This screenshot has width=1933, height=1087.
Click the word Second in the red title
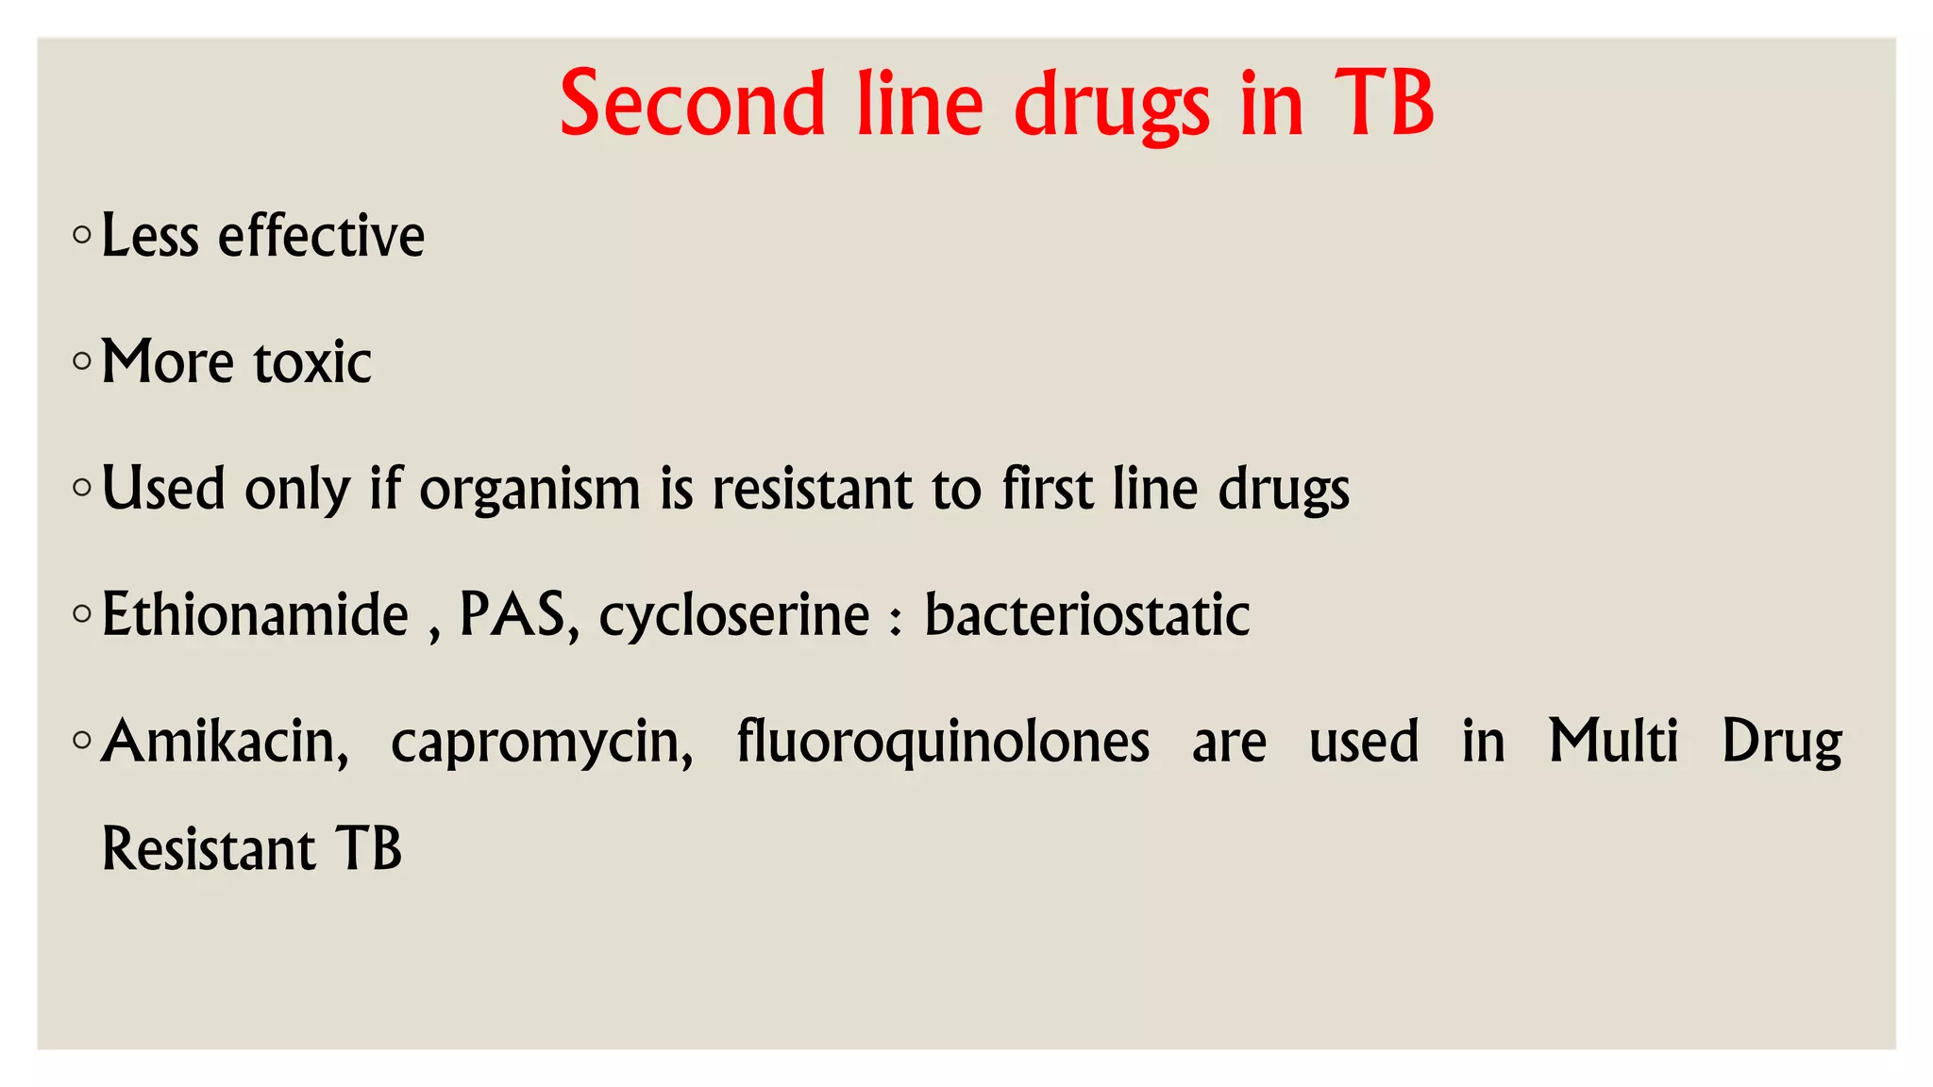pyautogui.click(x=692, y=104)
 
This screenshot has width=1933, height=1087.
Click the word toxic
pyautogui.click(x=312, y=361)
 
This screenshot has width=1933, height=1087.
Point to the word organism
pyautogui.click(x=529, y=489)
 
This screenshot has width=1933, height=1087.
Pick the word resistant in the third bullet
pyautogui.click(x=812, y=489)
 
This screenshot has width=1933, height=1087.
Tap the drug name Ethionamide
pyautogui.click(x=255, y=615)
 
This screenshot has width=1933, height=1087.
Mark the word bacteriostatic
pyautogui.click(x=1086, y=615)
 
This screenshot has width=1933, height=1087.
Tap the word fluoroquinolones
pyautogui.click(x=943, y=742)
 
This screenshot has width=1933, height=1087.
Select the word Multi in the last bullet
pyautogui.click(x=1613, y=742)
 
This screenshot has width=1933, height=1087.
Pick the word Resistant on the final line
pyautogui.click(x=208, y=849)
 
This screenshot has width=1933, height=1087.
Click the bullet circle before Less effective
pyautogui.click(x=82, y=234)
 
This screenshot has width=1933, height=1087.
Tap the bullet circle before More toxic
pyautogui.click(x=82, y=360)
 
